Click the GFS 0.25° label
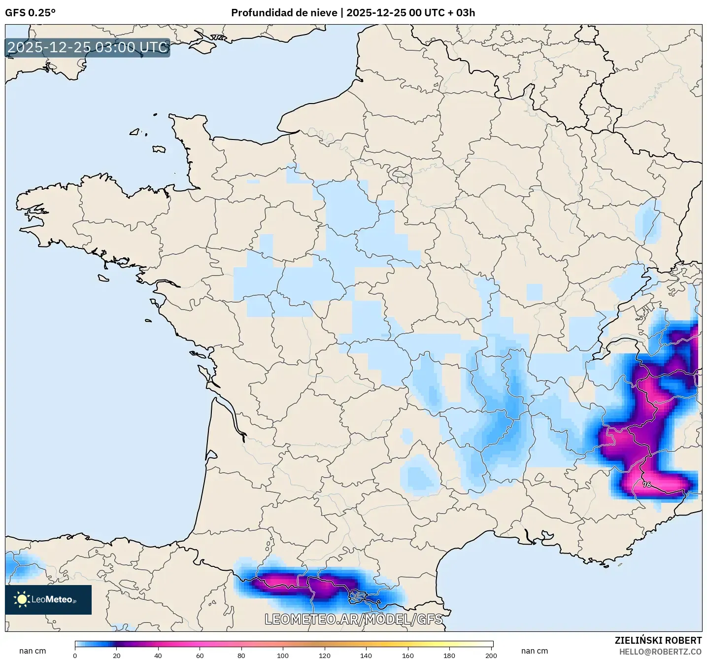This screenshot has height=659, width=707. [x=30, y=13]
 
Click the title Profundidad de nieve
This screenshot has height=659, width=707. [x=284, y=13]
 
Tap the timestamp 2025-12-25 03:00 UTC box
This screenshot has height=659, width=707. [x=88, y=47]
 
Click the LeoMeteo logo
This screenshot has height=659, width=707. [x=48, y=600]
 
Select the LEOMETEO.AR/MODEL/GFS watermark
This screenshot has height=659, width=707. [x=353, y=619]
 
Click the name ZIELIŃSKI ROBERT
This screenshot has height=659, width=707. [x=658, y=640]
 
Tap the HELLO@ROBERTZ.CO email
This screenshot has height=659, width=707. [x=660, y=652]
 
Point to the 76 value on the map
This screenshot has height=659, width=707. [x=647, y=485]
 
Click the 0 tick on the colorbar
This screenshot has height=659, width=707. [x=75, y=656]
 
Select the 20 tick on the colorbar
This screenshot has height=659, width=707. [x=117, y=656]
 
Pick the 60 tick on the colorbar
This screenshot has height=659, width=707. [x=200, y=656]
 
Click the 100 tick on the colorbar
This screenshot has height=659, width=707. [x=283, y=656]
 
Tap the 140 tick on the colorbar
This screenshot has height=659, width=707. [x=366, y=656]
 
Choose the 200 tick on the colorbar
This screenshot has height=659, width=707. [x=491, y=656]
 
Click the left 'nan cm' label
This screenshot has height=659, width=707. [x=33, y=651]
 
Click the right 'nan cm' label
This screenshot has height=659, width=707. [x=535, y=651]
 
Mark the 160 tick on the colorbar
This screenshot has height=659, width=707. [x=408, y=656]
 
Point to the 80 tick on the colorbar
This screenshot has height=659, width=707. [x=241, y=656]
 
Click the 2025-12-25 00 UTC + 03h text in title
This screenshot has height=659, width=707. [x=411, y=13]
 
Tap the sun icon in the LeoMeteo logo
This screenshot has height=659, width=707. [x=22, y=599]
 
